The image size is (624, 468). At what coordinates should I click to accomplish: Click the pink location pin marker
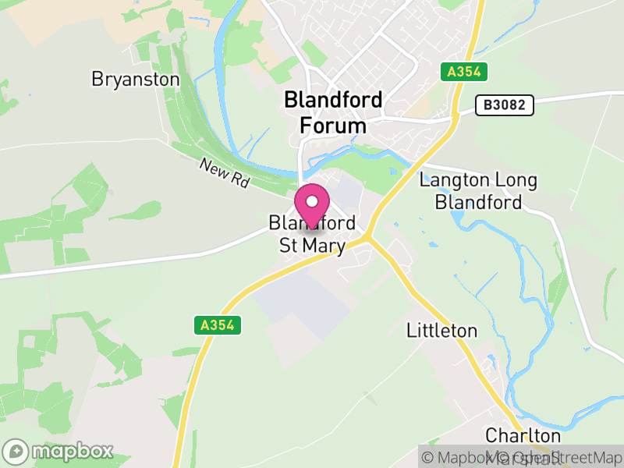pyautogui.click(x=312, y=207)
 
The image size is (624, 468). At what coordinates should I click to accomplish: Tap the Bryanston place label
pyautogui.click(x=135, y=80)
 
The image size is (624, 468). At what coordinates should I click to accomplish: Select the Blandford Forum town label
pyautogui.click(x=333, y=112)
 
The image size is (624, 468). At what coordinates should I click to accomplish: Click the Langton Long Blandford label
pyautogui.click(x=478, y=192)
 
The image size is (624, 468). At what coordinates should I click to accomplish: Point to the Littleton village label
pyautogui.click(x=441, y=331)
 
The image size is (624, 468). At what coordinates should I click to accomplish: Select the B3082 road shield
pyautogui.click(x=505, y=104)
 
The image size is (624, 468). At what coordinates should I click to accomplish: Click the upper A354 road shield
pyautogui.click(x=465, y=72)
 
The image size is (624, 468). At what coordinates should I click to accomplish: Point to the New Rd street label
pyautogui.click(x=224, y=172)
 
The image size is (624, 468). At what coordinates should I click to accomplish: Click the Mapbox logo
pyautogui.click(x=59, y=451)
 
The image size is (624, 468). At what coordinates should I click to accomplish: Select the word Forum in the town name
pyautogui.click(x=333, y=126)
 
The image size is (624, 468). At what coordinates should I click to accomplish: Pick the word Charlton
pyautogui.click(x=523, y=435)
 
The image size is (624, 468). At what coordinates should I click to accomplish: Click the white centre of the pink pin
pyautogui.click(x=312, y=201)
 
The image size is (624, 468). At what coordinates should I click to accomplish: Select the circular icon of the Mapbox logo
pyautogui.click(x=16, y=452)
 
